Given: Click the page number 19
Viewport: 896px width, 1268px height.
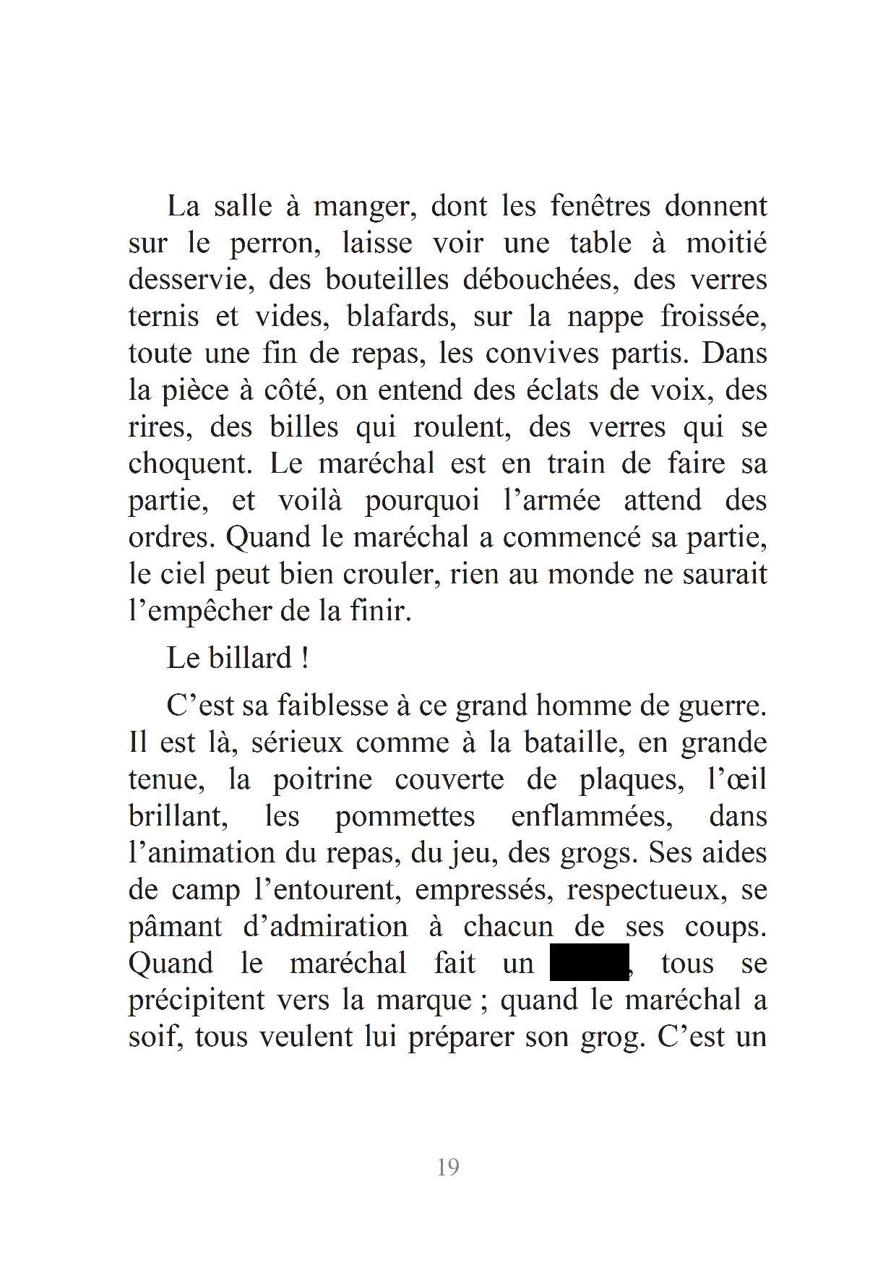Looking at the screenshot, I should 448,1167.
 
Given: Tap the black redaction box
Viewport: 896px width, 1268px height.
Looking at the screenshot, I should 589,962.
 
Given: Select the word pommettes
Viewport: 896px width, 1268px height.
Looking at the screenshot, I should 405,816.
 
